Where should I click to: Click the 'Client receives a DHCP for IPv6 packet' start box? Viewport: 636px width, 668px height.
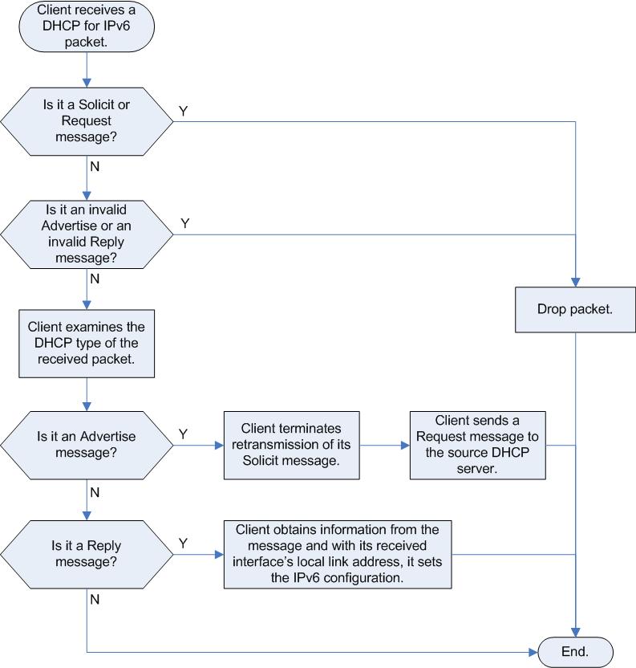[87, 26]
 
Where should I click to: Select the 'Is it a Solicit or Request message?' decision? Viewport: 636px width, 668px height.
[87, 121]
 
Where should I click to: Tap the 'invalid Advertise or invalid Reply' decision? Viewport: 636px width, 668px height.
[87, 234]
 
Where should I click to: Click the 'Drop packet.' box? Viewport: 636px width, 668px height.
[575, 310]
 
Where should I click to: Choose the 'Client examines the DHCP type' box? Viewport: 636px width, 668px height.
[87, 344]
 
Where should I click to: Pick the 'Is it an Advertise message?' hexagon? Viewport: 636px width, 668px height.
[87, 445]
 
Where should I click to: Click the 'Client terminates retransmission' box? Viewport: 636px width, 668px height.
[292, 445]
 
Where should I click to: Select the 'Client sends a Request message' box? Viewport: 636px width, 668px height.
[478, 445]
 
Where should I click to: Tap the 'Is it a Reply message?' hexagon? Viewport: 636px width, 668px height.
[87, 554]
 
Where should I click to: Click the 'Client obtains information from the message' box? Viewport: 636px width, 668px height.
[338, 554]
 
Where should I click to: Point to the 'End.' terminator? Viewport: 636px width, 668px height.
[576, 652]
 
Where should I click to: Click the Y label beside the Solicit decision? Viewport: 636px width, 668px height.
[184, 111]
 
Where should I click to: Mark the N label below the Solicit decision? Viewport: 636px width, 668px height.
[95, 166]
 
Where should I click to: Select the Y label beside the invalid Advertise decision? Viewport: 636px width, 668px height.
[184, 223]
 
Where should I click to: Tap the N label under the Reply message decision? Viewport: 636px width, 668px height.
[95, 600]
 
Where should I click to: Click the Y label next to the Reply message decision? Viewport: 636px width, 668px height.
[184, 544]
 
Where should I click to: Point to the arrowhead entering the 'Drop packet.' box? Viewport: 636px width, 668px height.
[576, 283]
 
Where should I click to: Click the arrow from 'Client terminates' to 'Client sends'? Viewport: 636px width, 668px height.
[385, 445]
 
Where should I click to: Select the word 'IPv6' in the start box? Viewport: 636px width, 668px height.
[115, 26]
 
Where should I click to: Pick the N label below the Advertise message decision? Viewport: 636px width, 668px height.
[95, 492]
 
